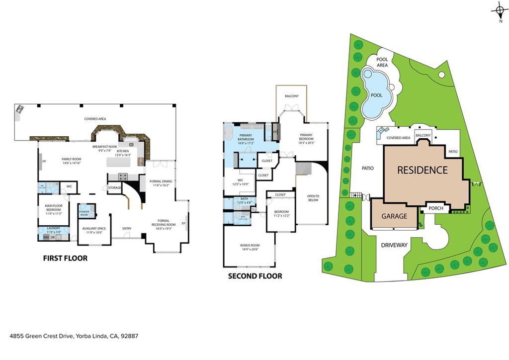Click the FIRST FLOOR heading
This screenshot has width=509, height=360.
point(65,258)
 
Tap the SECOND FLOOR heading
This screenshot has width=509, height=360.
point(255,276)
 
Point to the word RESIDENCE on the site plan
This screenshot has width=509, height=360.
point(422,170)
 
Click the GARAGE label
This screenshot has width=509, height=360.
point(394,216)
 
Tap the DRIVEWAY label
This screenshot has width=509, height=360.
point(394,245)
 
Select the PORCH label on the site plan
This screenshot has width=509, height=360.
point(435,208)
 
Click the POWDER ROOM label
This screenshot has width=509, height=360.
point(84,213)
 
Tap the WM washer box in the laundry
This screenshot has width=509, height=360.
point(46,238)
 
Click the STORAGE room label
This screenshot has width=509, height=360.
point(115,187)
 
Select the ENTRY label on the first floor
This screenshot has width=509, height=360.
point(127,229)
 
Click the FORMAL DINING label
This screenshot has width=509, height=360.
point(161,182)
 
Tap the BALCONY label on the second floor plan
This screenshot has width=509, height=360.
point(291,96)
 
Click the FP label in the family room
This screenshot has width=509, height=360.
point(44,162)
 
